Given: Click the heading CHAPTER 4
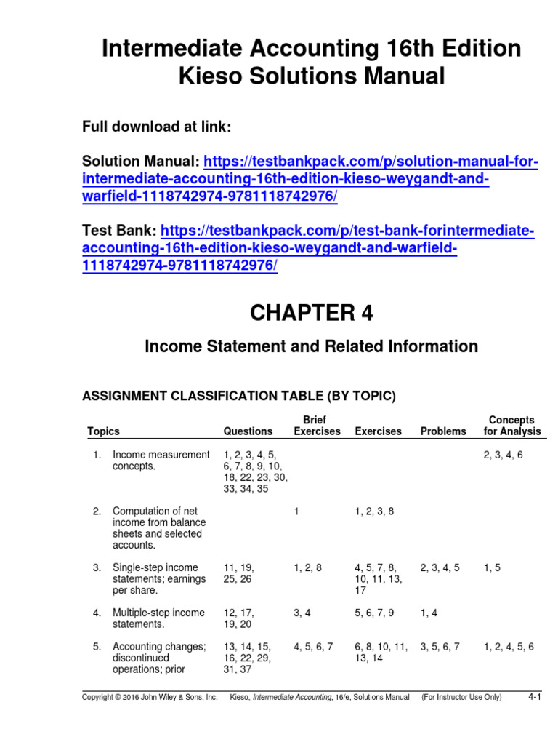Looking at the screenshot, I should (312, 313).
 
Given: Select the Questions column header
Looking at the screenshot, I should (248, 431).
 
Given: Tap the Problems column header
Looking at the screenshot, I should (443, 431).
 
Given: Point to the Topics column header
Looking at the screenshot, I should (103, 431).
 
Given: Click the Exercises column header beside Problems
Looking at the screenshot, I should (378, 431).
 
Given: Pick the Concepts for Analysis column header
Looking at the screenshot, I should (511, 426).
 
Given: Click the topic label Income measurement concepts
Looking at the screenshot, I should (161, 461).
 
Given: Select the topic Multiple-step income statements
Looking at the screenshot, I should (158, 618).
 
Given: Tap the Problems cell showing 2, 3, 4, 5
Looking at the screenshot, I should (440, 567).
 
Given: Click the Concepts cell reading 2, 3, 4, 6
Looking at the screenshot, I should (503, 455).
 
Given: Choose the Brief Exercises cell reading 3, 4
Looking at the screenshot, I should (302, 613).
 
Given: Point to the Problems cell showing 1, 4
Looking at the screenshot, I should (429, 613).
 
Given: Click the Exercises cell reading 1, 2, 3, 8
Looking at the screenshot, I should (374, 511).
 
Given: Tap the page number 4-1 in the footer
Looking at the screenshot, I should (535, 697).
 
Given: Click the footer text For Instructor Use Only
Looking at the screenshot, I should (461, 698).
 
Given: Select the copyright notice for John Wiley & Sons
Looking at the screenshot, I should (150, 698).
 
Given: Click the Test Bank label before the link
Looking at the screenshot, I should (118, 231).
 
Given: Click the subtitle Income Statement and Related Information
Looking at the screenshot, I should (312, 346).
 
